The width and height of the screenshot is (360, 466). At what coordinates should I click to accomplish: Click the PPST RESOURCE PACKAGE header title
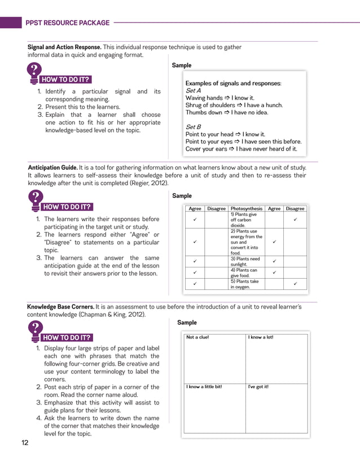point(67,23)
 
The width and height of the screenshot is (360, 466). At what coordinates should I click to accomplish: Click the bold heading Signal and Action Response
point(64,47)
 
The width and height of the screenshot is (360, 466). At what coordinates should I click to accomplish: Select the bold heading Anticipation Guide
point(52,168)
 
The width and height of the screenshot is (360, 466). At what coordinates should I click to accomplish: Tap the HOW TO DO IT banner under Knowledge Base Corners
point(67,338)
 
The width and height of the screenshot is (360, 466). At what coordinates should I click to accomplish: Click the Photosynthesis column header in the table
point(246,209)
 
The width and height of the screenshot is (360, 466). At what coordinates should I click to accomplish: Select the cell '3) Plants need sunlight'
point(245,261)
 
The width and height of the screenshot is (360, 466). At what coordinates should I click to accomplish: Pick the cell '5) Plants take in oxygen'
point(245,284)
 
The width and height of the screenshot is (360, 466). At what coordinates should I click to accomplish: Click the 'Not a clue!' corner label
point(197,337)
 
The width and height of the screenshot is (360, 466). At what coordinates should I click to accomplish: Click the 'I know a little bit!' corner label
point(204,387)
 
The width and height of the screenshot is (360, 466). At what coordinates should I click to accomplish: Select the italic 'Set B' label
point(193,127)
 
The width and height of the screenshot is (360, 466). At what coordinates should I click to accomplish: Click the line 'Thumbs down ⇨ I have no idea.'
point(227,112)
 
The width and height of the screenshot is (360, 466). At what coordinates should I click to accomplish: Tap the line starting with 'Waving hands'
point(219,98)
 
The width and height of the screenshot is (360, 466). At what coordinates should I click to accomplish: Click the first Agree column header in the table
point(195,209)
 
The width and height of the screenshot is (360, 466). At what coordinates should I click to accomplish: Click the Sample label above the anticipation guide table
point(182,196)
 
